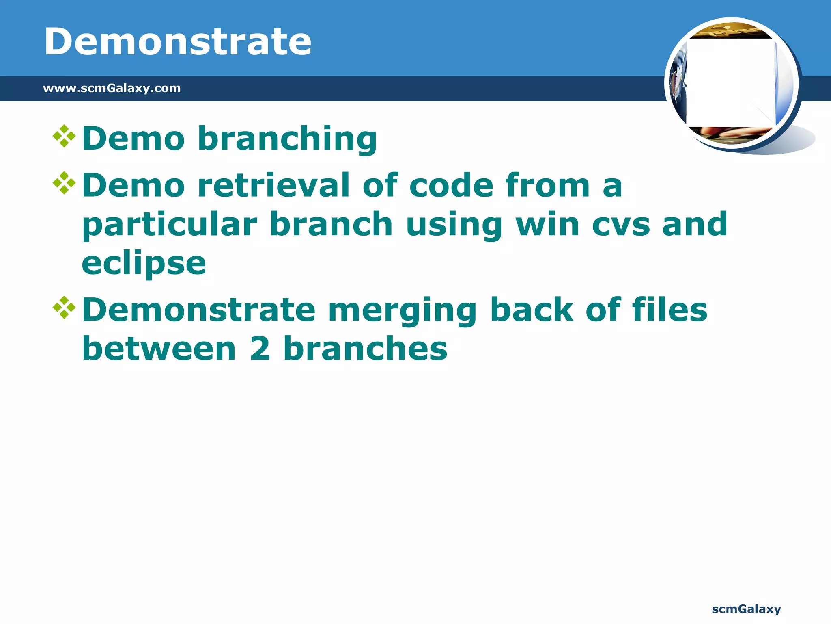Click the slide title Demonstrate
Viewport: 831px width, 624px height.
click(x=178, y=41)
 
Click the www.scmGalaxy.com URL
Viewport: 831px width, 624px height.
click(x=112, y=88)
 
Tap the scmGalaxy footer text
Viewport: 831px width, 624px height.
click(x=746, y=609)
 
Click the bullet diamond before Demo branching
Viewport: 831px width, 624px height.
click(x=64, y=136)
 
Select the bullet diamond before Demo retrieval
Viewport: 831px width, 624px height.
click(x=64, y=183)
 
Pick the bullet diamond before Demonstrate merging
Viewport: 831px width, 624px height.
click(x=64, y=308)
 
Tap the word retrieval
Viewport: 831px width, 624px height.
click(x=273, y=185)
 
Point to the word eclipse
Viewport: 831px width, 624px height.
click(x=144, y=264)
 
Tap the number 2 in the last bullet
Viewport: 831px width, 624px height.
click(x=260, y=349)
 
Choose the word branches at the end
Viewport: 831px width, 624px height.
click(x=365, y=349)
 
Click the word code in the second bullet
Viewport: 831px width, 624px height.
click(x=451, y=185)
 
